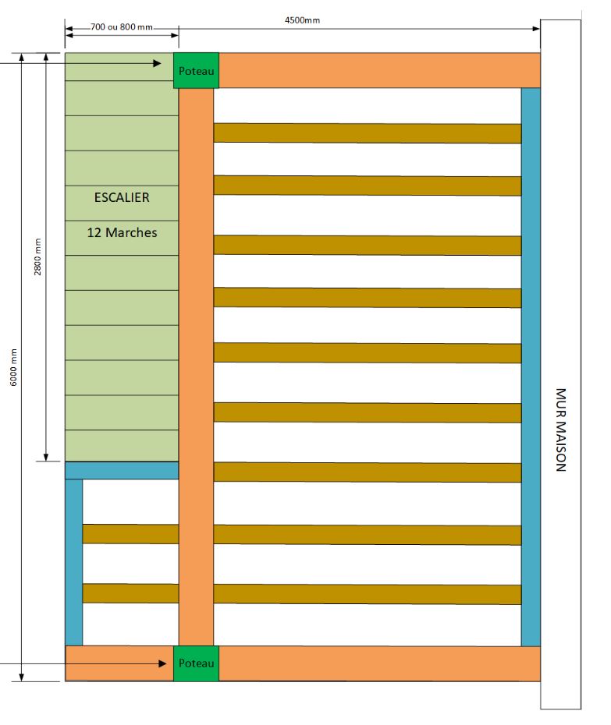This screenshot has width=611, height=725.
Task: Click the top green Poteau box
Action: click(x=196, y=70)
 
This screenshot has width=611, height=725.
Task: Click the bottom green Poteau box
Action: click(x=196, y=663)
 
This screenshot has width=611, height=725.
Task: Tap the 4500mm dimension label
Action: click(x=302, y=20)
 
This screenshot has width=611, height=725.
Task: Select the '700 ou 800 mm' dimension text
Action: click(x=122, y=27)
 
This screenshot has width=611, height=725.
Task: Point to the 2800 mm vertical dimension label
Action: click(x=38, y=258)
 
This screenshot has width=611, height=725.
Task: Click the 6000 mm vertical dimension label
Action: click(x=13, y=371)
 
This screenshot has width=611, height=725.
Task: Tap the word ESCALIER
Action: click(x=122, y=197)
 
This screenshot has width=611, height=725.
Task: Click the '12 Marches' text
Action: click(x=122, y=232)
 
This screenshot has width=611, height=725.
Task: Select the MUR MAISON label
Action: click(x=560, y=430)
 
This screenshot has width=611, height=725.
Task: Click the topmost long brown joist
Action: click(x=367, y=133)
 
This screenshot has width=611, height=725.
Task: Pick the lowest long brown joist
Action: click(x=367, y=594)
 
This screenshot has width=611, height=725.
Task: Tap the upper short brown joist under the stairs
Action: click(x=130, y=534)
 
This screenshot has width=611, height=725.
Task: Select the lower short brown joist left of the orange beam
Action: click(x=130, y=593)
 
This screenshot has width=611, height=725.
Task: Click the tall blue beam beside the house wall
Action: click(x=531, y=366)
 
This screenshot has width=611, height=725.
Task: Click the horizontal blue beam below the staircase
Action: click(x=122, y=470)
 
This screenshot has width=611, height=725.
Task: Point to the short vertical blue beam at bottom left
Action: click(x=73, y=561)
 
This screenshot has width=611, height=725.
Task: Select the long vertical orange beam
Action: click(x=196, y=366)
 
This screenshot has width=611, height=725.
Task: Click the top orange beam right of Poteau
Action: click(x=379, y=70)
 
